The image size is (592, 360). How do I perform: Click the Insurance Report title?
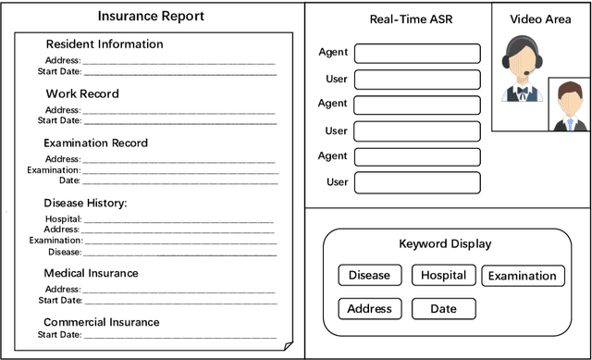point(152,17)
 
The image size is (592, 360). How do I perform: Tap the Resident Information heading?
point(104,44)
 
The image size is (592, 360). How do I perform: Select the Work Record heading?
point(82,93)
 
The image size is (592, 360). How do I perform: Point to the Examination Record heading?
point(95,143)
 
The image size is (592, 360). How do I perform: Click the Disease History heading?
point(85,203)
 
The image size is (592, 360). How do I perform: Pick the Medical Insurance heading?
point(91,273)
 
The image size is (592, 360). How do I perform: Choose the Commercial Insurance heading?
point(101,322)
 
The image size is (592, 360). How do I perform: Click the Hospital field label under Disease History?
point(63,219)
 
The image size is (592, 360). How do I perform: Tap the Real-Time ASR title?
point(411,19)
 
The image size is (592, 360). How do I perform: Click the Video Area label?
point(541,19)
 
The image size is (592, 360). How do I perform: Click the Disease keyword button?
point(369,275)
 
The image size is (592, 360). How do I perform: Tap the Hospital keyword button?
point(443,275)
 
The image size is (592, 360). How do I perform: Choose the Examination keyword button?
point(523,276)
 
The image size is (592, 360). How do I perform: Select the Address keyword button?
point(369,308)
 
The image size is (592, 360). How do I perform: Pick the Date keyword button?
point(443,308)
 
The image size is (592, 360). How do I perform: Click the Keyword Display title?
point(445,244)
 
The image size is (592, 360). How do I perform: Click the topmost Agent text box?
point(417,54)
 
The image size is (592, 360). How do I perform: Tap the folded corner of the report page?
point(289,345)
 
